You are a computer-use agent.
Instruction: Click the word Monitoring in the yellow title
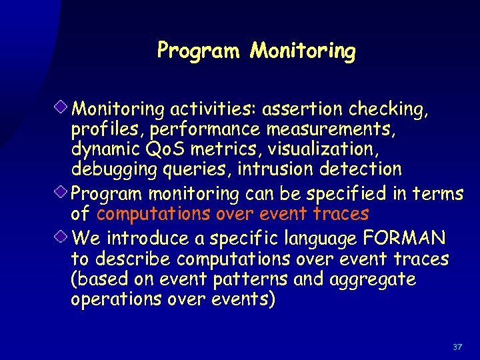tap(303, 51)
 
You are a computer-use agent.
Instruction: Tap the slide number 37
tap(457, 347)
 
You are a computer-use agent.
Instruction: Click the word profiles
tap(103, 129)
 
